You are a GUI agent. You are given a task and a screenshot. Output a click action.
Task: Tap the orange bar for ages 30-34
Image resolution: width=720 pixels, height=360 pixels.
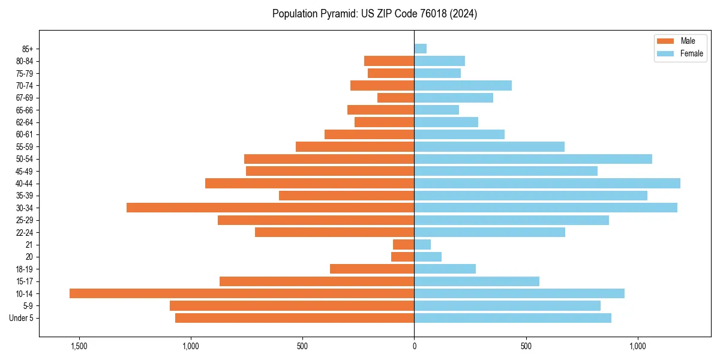[270, 208]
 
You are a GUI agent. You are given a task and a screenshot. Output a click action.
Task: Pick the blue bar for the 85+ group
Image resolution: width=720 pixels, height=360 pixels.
[420, 49]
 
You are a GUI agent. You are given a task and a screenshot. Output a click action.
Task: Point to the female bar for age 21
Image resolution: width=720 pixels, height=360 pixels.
[422, 244]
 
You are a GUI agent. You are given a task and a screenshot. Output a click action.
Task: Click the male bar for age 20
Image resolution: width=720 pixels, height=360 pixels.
[403, 257]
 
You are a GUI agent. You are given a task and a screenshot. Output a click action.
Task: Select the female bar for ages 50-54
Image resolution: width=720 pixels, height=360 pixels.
[533, 159]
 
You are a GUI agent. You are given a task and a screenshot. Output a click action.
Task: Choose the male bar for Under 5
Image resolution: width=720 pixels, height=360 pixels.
[295, 318]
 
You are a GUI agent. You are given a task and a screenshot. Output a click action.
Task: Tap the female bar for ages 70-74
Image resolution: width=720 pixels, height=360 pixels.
[463, 85]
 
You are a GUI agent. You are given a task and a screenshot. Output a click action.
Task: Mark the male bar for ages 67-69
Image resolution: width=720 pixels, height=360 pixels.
[395, 98]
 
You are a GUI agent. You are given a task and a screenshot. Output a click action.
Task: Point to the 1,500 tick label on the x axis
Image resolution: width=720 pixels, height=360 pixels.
[79, 346]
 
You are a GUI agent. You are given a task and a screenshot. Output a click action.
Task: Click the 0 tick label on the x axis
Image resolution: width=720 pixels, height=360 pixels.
[414, 346]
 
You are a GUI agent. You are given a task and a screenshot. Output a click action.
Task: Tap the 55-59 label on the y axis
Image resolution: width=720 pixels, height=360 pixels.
[25, 146]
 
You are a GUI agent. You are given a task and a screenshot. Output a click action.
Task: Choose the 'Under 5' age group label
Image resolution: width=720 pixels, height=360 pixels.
[22, 318]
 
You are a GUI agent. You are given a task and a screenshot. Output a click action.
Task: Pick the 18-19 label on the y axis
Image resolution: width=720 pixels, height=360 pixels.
[25, 269]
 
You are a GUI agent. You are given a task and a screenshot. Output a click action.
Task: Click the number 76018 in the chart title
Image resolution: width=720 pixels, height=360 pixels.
[437, 14]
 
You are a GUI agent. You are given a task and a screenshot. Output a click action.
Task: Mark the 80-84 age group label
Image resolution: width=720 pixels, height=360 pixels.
[25, 61]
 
